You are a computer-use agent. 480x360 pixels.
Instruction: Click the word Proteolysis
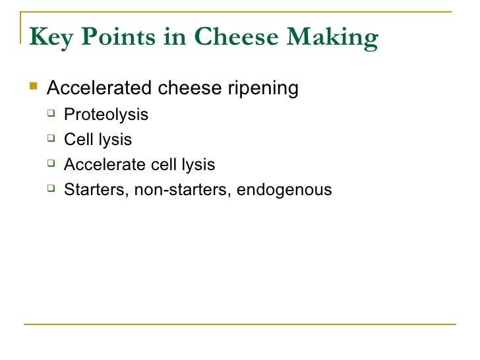[105, 115]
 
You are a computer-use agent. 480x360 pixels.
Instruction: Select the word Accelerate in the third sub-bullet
[104, 165]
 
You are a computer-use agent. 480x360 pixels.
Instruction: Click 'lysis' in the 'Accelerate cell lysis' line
[195, 165]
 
